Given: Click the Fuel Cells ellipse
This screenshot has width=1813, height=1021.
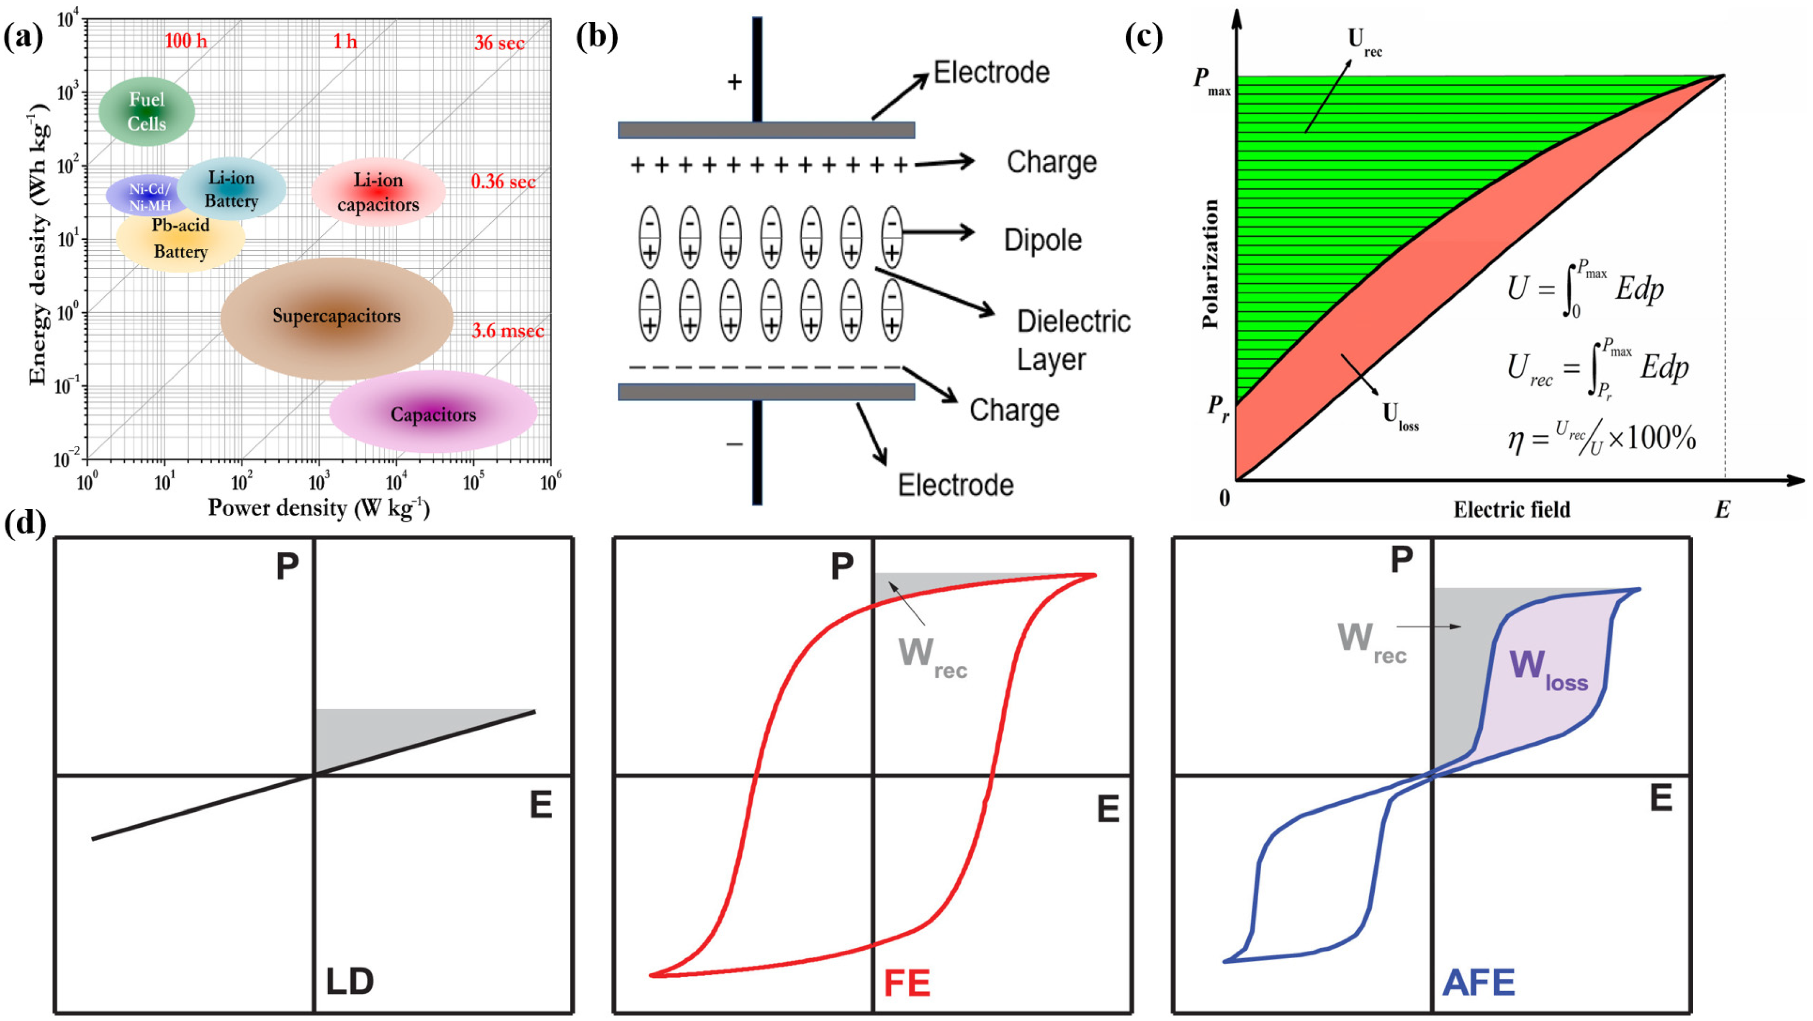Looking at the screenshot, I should tap(147, 111).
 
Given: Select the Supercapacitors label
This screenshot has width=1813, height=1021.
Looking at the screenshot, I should tap(337, 316).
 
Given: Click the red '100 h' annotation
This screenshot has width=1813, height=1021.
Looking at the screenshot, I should tap(186, 41).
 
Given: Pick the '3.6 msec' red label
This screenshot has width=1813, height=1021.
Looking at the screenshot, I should tap(507, 331).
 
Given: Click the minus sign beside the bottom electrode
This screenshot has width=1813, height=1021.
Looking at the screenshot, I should tap(734, 444).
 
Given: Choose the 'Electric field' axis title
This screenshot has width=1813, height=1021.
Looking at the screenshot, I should tap(1512, 509).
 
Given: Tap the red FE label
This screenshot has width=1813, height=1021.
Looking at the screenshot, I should tap(907, 983).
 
